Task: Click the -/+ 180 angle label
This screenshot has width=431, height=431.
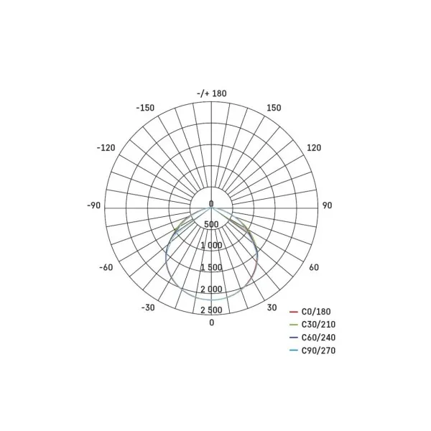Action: tap(212, 93)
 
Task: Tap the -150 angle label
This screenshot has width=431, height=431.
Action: tap(145, 108)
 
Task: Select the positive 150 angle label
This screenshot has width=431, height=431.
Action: tap(274, 108)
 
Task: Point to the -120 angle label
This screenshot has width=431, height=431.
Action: tap(106, 148)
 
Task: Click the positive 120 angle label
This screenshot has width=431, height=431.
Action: tap(314, 148)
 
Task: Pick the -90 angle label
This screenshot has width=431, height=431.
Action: tap(93, 205)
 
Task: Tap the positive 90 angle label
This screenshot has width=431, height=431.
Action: tap(327, 205)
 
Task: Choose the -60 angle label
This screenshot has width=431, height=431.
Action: tap(106, 267)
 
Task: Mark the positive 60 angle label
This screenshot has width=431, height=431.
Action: tap(314, 267)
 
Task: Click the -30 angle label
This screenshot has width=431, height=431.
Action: tap(148, 307)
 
